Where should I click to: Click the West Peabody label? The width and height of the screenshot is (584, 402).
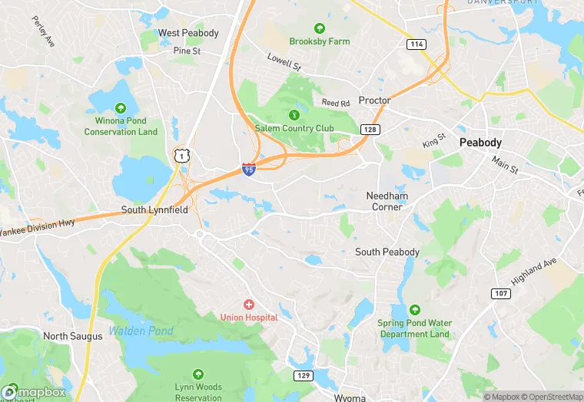pyautogui.click(x=188, y=33)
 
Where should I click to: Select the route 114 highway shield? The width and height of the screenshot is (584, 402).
pyautogui.click(x=416, y=44)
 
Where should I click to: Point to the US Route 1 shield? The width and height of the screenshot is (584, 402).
pyautogui.click(x=181, y=156)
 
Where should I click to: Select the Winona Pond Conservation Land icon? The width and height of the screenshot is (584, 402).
pyautogui.click(x=121, y=107)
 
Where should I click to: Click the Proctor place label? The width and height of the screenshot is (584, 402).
pyautogui.click(x=375, y=100)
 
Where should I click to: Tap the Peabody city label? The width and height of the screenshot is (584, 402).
pyautogui.click(x=480, y=143)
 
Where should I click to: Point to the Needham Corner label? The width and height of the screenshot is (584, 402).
pyautogui.click(x=387, y=201)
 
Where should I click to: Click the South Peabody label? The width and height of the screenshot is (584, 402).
pyautogui.click(x=387, y=252)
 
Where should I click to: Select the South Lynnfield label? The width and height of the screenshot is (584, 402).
pyautogui.click(x=154, y=209)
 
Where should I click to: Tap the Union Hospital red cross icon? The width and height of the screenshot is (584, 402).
pyautogui.click(x=248, y=305)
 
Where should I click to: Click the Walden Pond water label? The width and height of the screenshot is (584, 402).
pyautogui.click(x=141, y=331)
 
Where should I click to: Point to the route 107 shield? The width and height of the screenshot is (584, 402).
pyautogui.click(x=500, y=294)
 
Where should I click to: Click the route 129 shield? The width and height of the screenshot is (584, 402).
pyautogui.click(x=304, y=375)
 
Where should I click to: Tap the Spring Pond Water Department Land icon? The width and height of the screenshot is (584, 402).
pyautogui.click(x=414, y=310)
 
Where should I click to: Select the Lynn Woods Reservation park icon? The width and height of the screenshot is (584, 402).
pyautogui.click(x=198, y=375)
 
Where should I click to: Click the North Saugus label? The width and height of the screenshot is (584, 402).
pyautogui.click(x=72, y=336)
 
